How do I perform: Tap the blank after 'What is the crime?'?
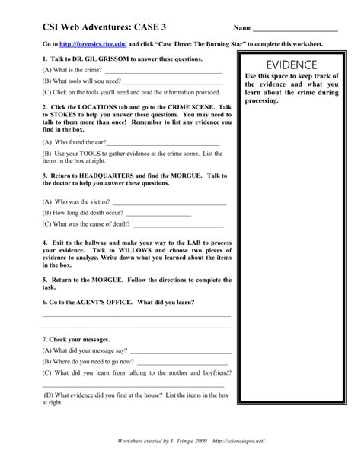pos(163,71)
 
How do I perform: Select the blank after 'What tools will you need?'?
pos(171,81)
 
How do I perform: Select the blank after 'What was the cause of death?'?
pos(178,225)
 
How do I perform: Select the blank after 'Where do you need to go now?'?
pos(183,362)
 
